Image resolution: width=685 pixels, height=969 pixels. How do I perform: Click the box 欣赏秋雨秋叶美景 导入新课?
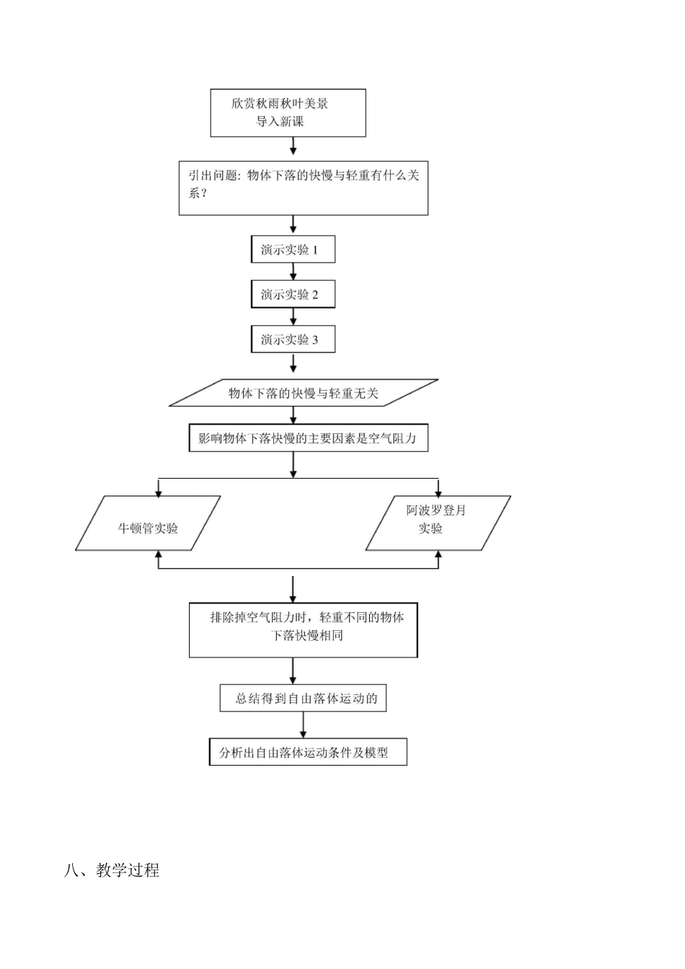[x=288, y=112]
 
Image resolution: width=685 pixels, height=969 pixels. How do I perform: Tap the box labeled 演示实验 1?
[x=293, y=249]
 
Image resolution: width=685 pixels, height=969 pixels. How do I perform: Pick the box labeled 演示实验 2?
[x=293, y=294]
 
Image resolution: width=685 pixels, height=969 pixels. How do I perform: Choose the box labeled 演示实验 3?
[x=293, y=339]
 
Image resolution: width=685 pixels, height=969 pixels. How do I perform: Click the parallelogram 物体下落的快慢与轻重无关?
[x=303, y=393]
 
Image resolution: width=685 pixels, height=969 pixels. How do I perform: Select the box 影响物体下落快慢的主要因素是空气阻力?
[x=308, y=438]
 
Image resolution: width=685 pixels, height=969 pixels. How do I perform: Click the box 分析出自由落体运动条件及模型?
[x=308, y=752]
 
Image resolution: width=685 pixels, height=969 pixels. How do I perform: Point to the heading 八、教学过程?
[x=112, y=870]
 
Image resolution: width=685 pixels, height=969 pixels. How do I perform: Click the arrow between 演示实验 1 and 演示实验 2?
[x=293, y=272]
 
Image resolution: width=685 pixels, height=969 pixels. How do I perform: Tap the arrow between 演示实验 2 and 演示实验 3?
[x=293, y=317]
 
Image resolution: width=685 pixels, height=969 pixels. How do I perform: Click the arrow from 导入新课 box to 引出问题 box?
[x=293, y=148]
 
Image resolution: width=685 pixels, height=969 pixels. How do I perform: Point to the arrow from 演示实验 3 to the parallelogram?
[x=293, y=365]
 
